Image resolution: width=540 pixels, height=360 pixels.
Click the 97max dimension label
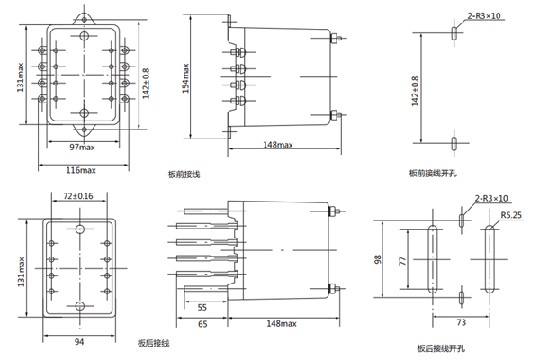tap(83, 147)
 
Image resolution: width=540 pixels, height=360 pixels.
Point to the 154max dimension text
tap(186, 80)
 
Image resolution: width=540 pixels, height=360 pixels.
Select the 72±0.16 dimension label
tap(79, 195)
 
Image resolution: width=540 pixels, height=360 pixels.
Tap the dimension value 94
tap(79, 341)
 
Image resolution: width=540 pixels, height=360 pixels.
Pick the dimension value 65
tap(202, 323)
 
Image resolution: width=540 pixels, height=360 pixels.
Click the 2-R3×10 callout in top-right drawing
tap(484, 15)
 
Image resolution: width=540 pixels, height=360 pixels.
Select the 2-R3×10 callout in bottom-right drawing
tap(490, 198)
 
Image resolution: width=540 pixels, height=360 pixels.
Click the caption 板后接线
tap(153, 343)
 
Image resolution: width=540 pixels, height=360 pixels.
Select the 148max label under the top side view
tap(278, 146)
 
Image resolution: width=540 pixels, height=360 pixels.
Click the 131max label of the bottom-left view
tap(20, 267)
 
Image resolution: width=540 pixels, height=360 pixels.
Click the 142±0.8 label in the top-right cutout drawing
tap(415, 92)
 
